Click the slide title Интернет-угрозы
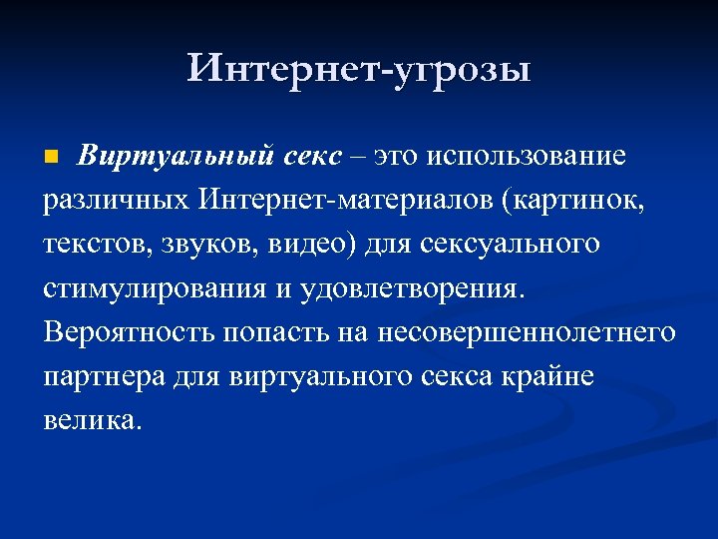(x=359, y=71)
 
